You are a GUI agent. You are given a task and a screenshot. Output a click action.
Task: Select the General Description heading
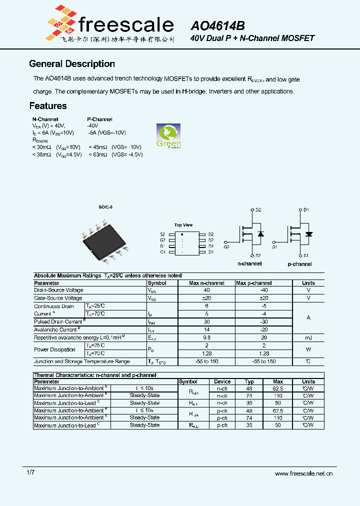coord(72,64)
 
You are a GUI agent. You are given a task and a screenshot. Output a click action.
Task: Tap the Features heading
coord(48,106)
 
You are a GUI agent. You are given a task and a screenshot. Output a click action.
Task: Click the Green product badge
coord(168,136)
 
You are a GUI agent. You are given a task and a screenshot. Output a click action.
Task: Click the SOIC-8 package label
coord(105,207)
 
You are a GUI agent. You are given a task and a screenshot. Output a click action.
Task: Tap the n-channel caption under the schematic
coord(249,263)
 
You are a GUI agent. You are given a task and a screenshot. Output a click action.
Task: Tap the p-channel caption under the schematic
coord(299,264)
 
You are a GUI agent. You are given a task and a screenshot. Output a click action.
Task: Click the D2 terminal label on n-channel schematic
coord(258,210)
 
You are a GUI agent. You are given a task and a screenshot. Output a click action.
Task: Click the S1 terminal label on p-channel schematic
coord(306,255)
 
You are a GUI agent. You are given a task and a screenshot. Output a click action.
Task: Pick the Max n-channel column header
coord(206,283)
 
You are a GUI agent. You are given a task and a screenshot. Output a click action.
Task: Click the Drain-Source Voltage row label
coord(58,290)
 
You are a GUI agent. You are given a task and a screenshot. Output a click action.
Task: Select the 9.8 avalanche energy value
coord(206,337)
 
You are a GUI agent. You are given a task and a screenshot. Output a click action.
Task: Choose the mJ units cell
coord(308,337)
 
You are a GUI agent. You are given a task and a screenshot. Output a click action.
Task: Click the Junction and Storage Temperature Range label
coord(81,361)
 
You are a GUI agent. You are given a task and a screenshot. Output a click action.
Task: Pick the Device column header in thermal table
coord(222,381)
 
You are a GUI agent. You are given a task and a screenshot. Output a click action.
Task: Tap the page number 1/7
coord(30,472)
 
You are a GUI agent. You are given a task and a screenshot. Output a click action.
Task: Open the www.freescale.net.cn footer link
coord(303,473)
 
